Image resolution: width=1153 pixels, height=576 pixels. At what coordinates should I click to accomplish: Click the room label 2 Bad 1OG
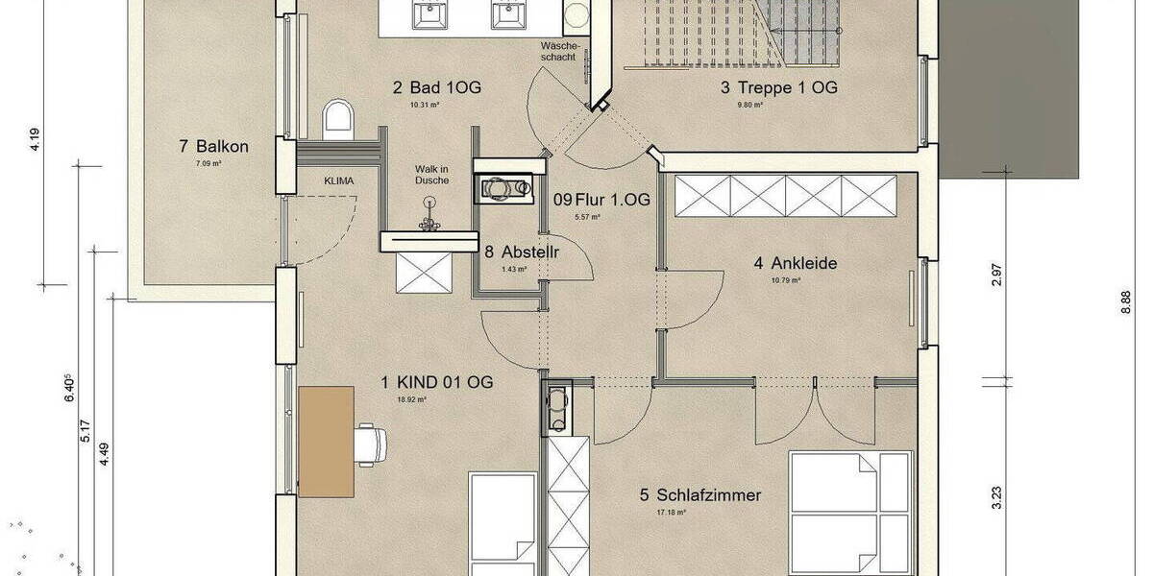point(436,88)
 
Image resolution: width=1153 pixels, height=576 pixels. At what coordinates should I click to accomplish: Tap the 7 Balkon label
point(213,147)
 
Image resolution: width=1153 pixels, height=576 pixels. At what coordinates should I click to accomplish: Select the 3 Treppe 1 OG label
point(779,88)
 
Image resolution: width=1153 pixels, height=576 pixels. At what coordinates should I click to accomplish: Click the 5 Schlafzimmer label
point(699,495)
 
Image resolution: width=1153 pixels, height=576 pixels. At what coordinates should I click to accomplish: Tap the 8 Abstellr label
point(522,252)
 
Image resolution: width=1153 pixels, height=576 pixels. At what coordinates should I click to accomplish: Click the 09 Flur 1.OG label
point(601,200)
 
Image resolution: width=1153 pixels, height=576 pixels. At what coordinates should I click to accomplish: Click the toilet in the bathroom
point(337,117)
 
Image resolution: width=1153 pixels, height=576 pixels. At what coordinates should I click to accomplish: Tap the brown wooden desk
point(326,442)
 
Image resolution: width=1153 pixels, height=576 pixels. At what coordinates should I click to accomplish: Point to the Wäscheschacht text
point(558,52)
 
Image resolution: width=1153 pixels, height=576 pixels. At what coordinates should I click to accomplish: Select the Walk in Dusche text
point(431,173)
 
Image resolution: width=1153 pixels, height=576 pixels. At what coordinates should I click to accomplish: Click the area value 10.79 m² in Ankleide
point(787,281)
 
